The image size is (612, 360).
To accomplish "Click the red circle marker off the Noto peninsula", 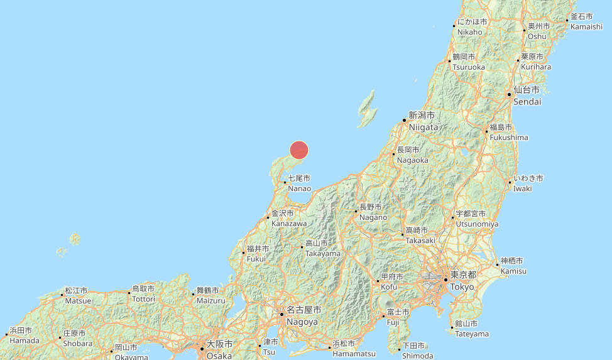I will [299, 150].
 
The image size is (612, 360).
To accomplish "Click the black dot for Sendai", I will [509, 95].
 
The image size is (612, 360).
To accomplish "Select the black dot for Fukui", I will [243, 253].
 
